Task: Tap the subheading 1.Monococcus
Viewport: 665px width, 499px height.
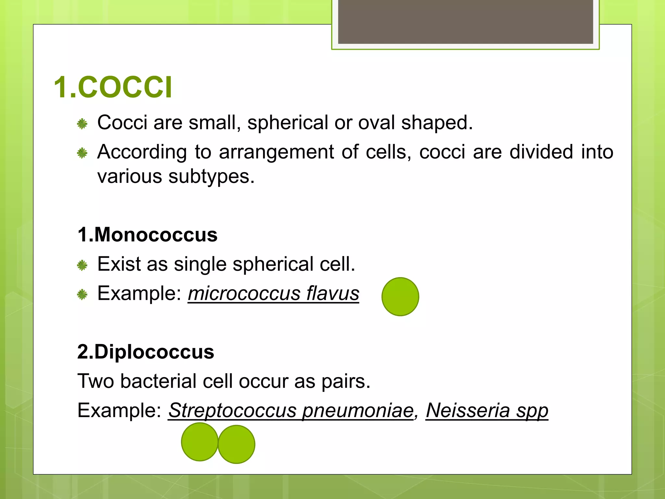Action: (x=147, y=235)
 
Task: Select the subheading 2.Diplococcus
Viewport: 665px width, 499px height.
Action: (x=146, y=352)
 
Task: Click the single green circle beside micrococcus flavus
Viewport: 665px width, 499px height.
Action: (x=400, y=297)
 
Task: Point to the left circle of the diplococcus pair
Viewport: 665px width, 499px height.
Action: (x=199, y=442)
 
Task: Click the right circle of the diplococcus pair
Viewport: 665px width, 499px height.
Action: (x=237, y=444)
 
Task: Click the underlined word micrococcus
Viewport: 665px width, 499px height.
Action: (x=244, y=293)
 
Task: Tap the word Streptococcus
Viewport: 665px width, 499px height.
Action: (x=232, y=410)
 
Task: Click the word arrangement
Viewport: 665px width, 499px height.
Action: (x=276, y=152)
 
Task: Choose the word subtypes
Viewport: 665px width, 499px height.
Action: (x=211, y=176)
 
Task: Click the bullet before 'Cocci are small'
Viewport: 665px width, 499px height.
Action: (x=82, y=124)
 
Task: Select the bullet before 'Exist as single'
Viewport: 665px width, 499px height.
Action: (x=82, y=265)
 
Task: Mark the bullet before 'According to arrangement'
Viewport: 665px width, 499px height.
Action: (x=82, y=153)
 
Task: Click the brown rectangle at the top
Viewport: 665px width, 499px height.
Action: (x=465, y=21)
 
